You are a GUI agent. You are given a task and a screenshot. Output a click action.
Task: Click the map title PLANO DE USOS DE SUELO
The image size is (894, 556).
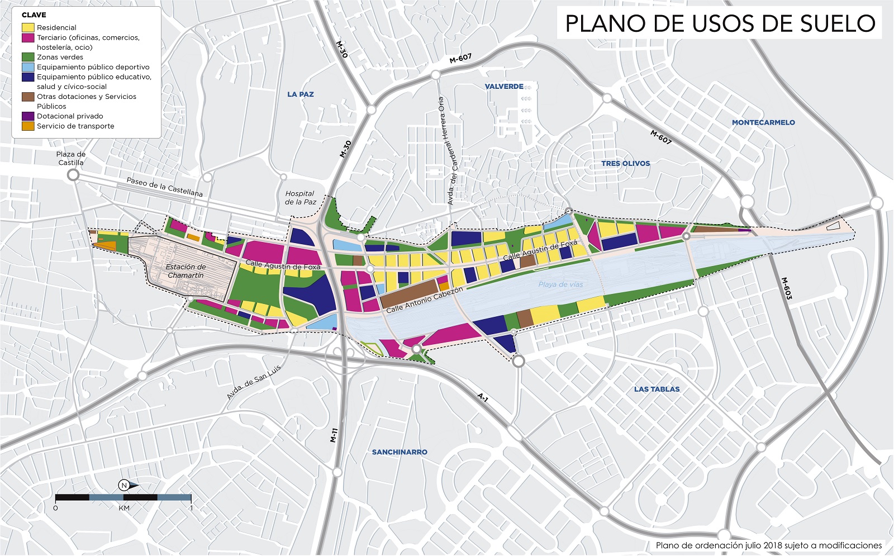[720, 23]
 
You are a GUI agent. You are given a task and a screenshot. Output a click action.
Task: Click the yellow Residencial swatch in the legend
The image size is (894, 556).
[28, 27]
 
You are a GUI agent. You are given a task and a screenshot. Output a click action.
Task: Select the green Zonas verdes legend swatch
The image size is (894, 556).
[28, 57]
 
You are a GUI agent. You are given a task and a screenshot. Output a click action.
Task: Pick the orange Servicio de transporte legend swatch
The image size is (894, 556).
[28, 126]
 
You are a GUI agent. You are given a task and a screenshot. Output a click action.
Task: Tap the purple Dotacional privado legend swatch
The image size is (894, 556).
[28, 116]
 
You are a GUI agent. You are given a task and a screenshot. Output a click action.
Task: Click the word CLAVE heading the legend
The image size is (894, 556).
[34, 15]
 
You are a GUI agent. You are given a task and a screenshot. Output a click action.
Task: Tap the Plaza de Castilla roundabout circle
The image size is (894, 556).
[73, 175]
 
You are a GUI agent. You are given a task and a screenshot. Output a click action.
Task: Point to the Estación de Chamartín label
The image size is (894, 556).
[186, 271]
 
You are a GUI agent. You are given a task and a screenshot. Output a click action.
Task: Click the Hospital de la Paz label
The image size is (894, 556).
[300, 198]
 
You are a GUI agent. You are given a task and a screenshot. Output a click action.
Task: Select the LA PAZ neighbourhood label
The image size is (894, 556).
[301, 94]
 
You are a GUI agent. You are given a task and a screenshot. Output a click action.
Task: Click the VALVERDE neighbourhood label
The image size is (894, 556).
[504, 87]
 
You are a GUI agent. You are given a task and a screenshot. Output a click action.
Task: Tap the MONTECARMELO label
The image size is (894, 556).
[763, 122]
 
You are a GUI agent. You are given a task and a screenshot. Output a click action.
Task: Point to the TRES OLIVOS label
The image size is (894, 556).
[625, 164]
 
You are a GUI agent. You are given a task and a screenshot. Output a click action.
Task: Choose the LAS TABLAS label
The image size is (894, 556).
[657, 389]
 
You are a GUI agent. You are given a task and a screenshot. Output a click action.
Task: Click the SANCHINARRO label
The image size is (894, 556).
[400, 452]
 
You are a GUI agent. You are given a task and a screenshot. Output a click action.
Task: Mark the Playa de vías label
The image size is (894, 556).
[560, 284]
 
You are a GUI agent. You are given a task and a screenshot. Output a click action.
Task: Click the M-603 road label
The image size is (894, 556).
[786, 288]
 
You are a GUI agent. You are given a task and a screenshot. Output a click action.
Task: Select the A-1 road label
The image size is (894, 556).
[483, 398]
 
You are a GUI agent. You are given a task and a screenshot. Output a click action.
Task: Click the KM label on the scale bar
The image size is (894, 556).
[124, 508]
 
